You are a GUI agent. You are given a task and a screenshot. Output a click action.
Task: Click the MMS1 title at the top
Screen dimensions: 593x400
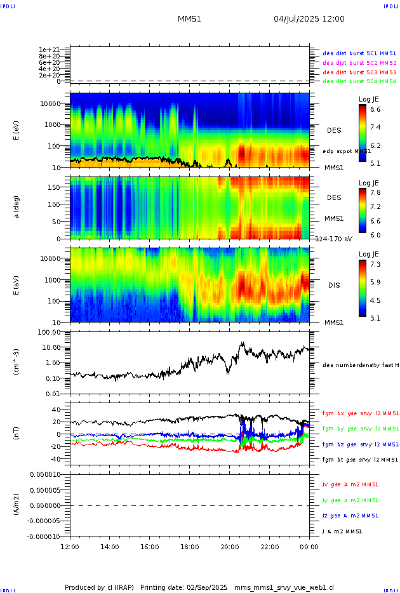point(189,19)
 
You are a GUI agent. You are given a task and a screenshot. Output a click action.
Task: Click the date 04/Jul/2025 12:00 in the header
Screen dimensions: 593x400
point(309,19)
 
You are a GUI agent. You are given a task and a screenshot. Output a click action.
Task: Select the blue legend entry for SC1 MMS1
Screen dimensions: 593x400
point(359,53)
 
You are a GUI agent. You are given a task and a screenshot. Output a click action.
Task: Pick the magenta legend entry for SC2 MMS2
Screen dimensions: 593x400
point(359,63)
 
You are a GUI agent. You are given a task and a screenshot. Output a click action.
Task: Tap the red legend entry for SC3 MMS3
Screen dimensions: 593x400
point(359,72)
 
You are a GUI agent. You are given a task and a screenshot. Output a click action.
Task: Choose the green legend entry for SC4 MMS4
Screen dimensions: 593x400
point(359,81)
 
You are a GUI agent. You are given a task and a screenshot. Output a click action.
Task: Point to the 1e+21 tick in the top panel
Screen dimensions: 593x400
point(49,50)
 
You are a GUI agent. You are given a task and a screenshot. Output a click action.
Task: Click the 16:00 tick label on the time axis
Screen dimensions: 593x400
point(150,547)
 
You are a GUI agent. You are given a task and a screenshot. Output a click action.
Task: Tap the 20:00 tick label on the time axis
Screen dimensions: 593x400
point(229,547)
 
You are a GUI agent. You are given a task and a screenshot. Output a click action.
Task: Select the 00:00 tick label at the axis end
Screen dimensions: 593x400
point(309,547)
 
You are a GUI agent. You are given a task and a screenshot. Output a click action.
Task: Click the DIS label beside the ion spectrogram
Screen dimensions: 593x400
point(334,286)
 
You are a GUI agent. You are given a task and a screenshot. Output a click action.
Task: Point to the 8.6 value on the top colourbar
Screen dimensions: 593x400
point(375,109)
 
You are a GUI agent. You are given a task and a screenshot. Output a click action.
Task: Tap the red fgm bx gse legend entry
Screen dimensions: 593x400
point(361,413)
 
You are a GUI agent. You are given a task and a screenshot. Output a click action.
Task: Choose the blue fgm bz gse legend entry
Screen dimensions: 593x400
point(361,444)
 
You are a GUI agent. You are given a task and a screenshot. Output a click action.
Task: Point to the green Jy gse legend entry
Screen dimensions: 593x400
point(350,500)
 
